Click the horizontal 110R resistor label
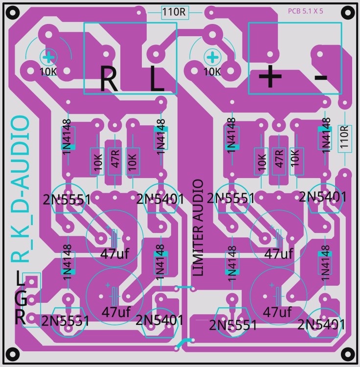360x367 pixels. pos(174,12)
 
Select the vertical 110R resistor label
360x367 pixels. pos(344,137)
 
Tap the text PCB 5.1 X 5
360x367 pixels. pos(305,11)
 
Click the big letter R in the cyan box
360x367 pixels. pos(109,79)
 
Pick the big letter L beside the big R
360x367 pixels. pos(157,78)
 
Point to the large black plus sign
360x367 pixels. pos(270,76)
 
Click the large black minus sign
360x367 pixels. pos(321,77)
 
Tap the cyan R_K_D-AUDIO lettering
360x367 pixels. pos(21,189)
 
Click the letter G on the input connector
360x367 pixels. pos(21,298)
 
